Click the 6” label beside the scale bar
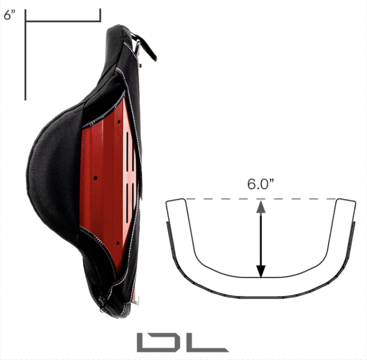pos(10,15)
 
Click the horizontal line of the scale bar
pos(63,21)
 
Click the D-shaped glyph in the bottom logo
pos(155,342)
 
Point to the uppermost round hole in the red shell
pos(119,122)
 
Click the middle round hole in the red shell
pos(96,178)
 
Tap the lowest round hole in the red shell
pos(118,243)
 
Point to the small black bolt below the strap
pos(141,65)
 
